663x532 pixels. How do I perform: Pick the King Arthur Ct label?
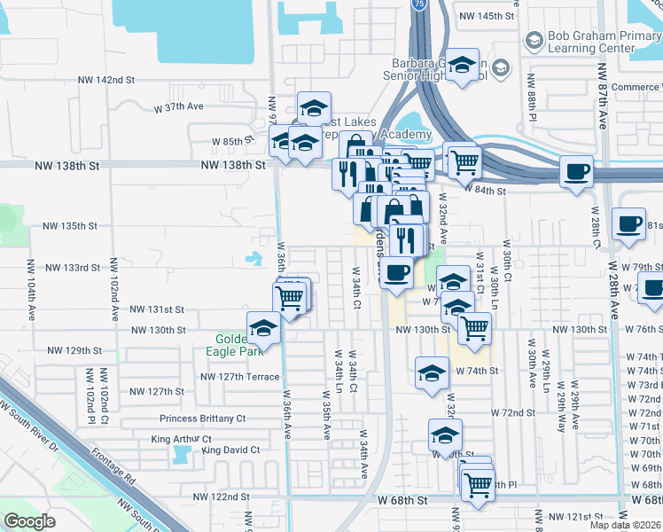pyautogui.click(x=182, y=439)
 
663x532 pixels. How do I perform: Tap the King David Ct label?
pyautogui.click(x=231, y=450)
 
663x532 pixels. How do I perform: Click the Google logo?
pyautogui.click(x=29, y=521)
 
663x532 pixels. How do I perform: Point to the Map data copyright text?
pyautogui.click(x=626, y=525)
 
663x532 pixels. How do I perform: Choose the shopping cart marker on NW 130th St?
pyautogui.click(x=474, y=329)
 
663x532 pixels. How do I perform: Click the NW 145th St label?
pyautogui.click(x=487, y=17)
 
